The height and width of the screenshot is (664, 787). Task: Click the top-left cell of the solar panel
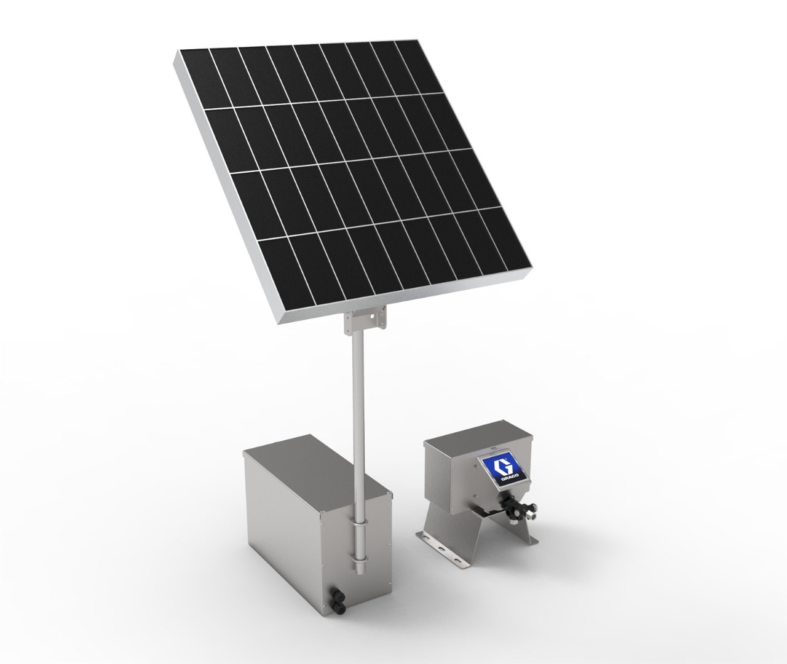tap(194, 77)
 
